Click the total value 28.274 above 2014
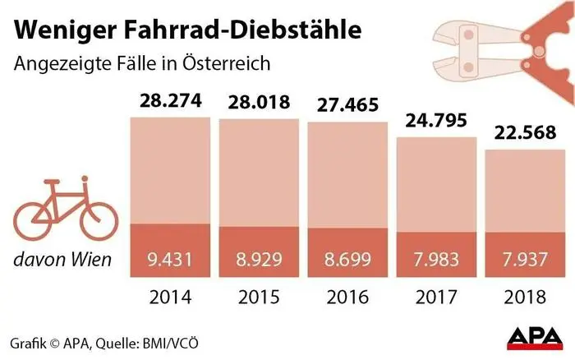168,103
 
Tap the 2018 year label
523,296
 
